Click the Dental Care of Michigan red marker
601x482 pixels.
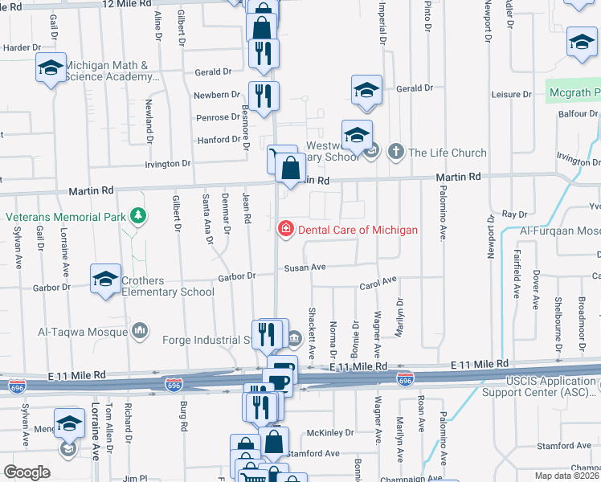[x=284, y=230]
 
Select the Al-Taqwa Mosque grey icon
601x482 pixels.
[x=141, y=330]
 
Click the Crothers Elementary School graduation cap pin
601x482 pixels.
[x=105, y=279]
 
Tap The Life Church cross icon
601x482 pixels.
[x=395, y=152]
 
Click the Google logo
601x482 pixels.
[x=27, y=472]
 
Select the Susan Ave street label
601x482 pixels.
[x=303, y=267]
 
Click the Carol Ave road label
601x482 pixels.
[x=378, y=283]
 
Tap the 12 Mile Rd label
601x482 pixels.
[x=128, y=4]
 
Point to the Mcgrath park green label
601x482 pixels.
[x=574, y=93]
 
